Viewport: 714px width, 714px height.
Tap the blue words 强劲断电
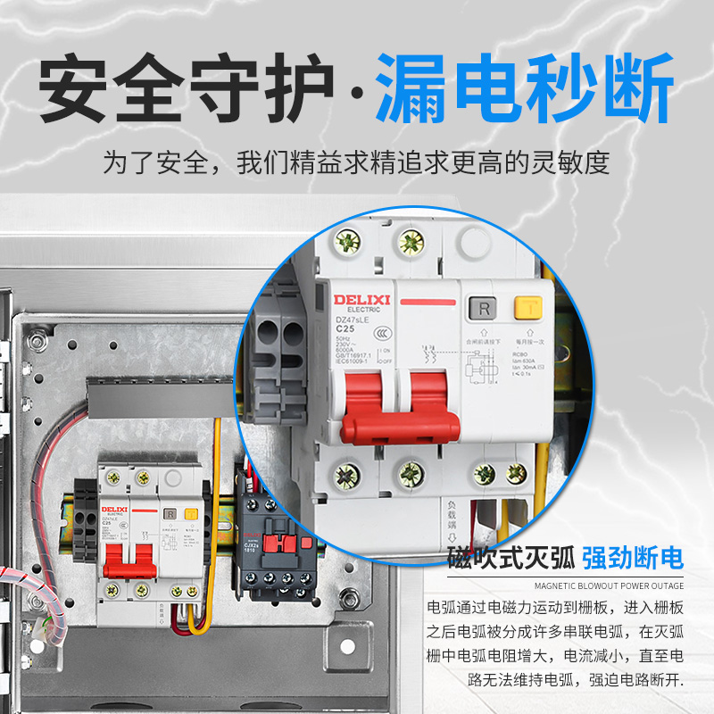click(632, 559)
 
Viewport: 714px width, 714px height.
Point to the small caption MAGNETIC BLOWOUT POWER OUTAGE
click(610, 586)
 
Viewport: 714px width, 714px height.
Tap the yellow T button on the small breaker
click(190, 515)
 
